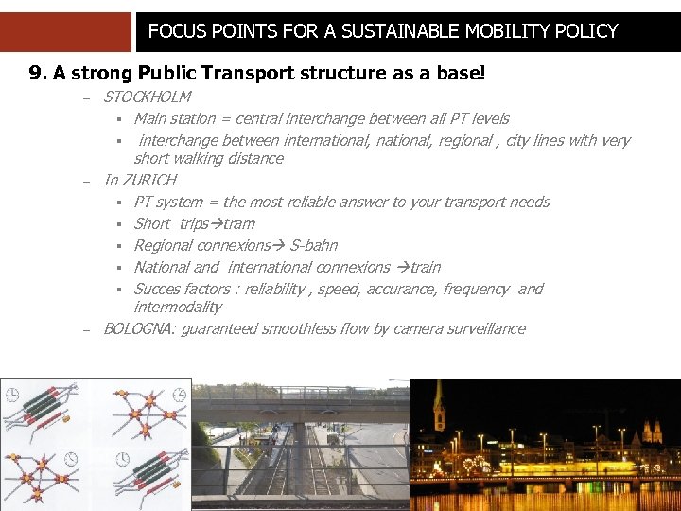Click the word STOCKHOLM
pos(147,97)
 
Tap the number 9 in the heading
pos(36,73)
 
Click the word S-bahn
pos(313,246)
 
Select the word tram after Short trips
pos(239,224)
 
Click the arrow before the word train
pos(402,268)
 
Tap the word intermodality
pos(178,308)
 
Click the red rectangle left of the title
pos(65,31)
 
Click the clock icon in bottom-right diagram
pos(120,458)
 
